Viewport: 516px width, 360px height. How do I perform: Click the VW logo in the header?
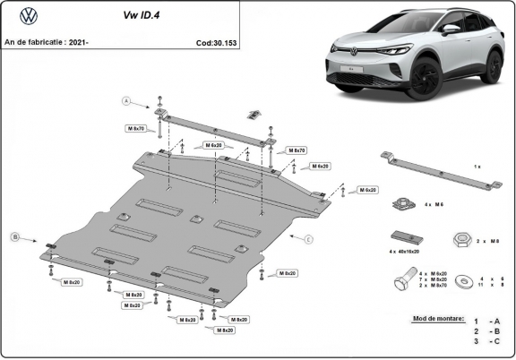tap(29, 15)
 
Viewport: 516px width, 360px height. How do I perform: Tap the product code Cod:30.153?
tap(217, 42)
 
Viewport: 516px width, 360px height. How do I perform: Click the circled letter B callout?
tap(13, 236)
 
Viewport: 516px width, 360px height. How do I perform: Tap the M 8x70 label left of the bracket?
tap(135, 129)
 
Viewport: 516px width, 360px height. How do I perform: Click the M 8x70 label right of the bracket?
tap(295, 150)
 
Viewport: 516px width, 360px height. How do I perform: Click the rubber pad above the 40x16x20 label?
tap(405, 237)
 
